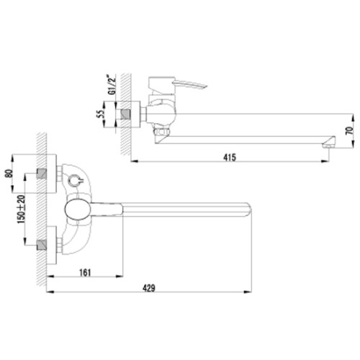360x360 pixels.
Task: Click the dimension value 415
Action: click(230, 158)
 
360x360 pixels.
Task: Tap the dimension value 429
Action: click(149, 288)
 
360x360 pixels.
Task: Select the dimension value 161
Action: click(85, 273)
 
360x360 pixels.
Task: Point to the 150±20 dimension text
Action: click(21, 210)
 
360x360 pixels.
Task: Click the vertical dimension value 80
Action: click(9, 174)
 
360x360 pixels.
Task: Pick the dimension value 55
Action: click(100, 114)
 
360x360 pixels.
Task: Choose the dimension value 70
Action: click(350, 130)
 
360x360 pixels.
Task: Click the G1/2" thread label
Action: click(112, 85)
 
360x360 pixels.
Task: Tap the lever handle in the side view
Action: click(189, 84)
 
